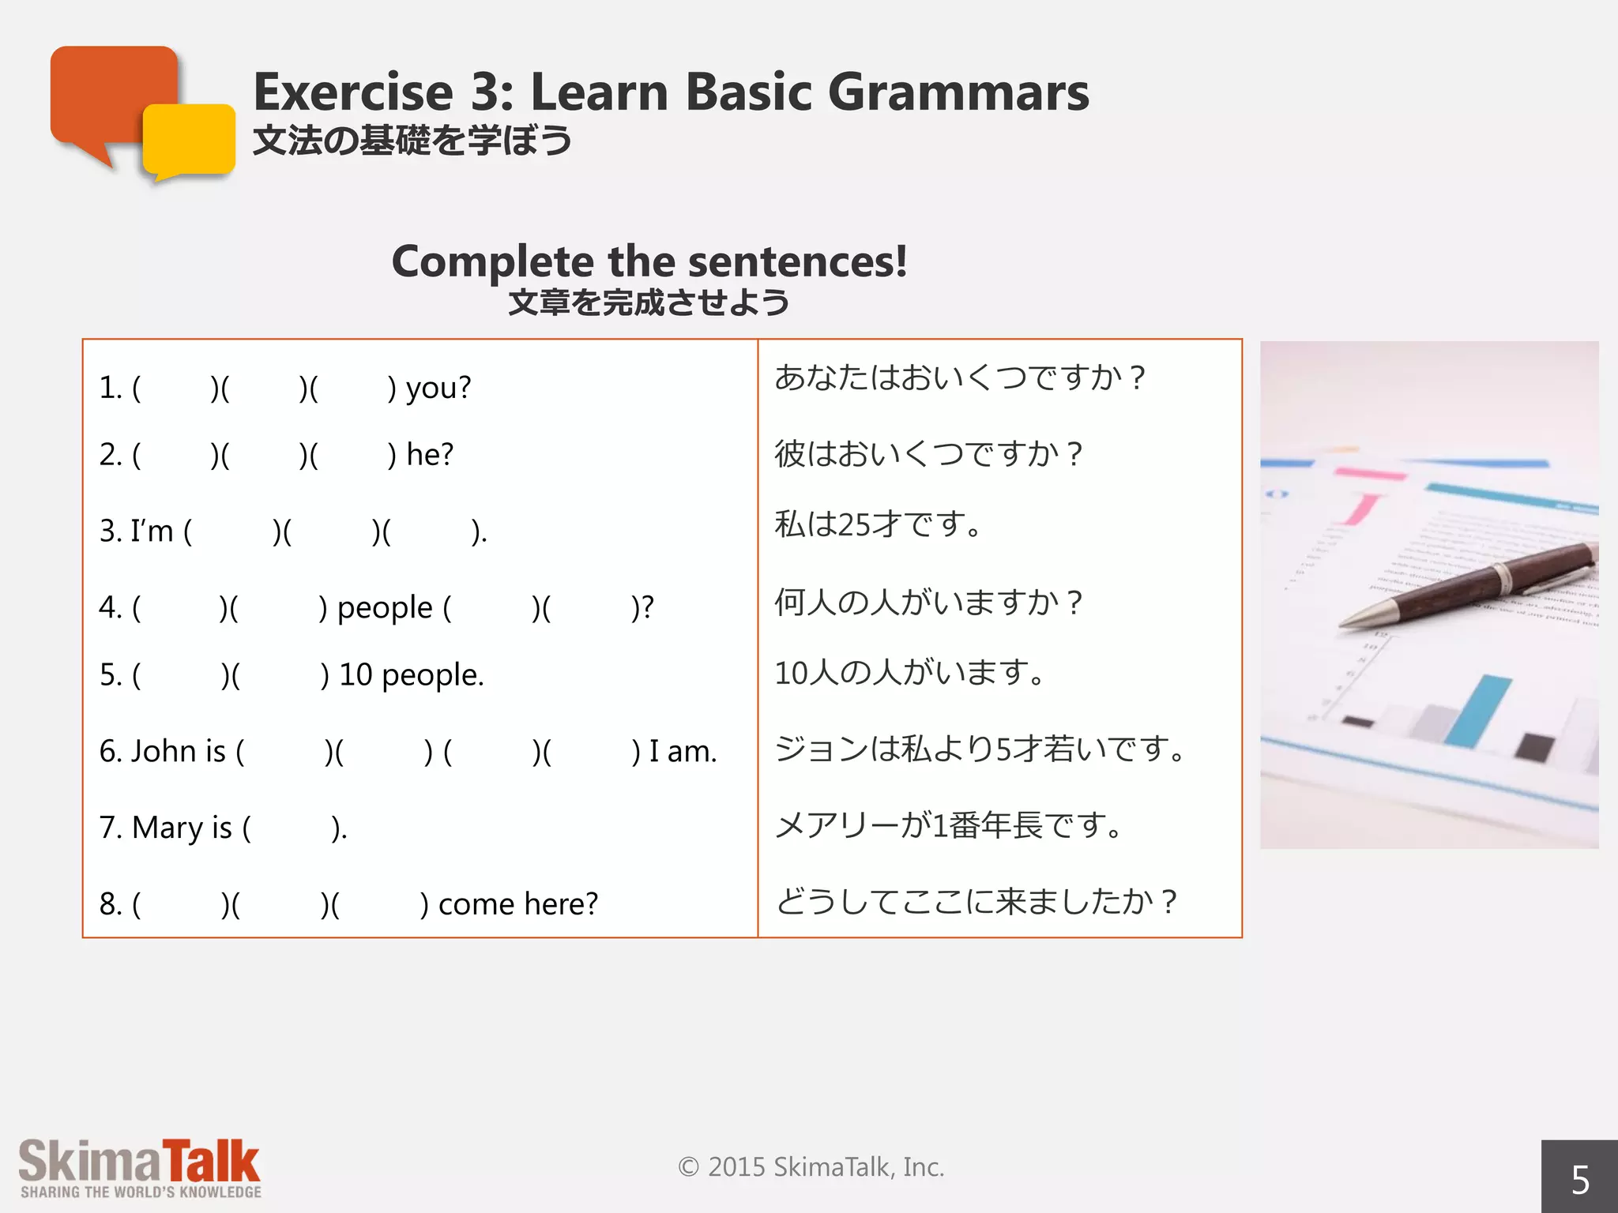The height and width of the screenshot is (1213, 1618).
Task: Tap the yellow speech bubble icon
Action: coord(190,141)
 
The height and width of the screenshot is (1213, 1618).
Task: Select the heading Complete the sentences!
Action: coord(649,261)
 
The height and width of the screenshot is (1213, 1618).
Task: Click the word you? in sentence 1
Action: coord(438,388)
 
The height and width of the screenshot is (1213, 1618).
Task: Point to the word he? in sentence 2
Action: coord(430,454)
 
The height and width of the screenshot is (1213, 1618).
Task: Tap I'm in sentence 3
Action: coord(152,531)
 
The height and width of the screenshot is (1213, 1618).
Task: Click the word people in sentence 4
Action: coord(385,607)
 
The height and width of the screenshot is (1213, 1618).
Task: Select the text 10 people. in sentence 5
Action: coord(411,674)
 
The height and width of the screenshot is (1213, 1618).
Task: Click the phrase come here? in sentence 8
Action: coord(518,903)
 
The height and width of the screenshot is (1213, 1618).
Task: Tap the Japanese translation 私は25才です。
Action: coord(878,524)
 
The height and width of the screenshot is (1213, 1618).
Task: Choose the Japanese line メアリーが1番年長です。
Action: coord(948,825)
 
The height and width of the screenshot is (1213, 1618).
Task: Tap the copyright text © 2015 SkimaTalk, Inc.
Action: coord(811,1166)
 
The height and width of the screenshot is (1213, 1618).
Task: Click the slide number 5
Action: coord(1579,1180)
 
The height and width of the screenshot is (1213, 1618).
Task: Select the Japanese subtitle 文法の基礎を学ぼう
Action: coord(412,141)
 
